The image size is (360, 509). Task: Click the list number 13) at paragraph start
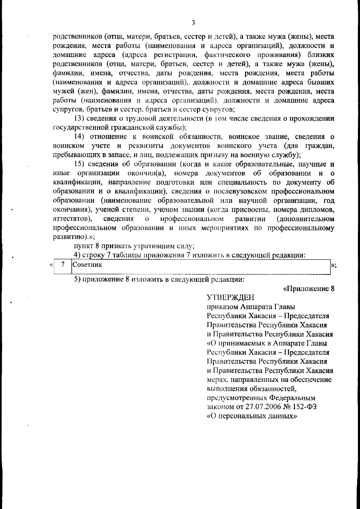79,118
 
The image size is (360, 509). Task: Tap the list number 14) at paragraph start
80,137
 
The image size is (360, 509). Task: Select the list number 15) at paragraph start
80,164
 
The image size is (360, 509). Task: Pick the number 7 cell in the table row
63,265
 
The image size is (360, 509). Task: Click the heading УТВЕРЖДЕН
230,297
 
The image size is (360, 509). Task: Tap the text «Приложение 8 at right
309,289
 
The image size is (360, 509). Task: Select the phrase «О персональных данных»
252,416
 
